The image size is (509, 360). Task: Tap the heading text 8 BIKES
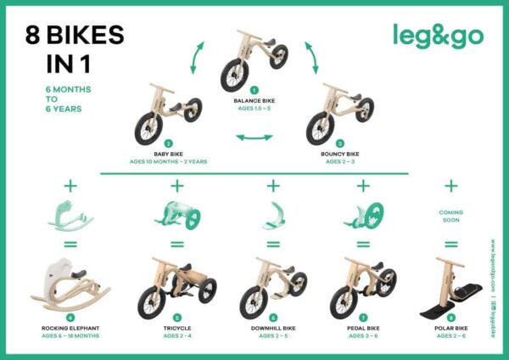click(x=75, y=36)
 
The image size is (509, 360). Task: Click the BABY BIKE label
click(x=168, y=154)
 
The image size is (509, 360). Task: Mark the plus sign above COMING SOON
click(x=451, y=185)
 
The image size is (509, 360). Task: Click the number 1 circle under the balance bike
click(x=253, y=90)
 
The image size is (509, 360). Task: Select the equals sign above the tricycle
click(x=177, y=245)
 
